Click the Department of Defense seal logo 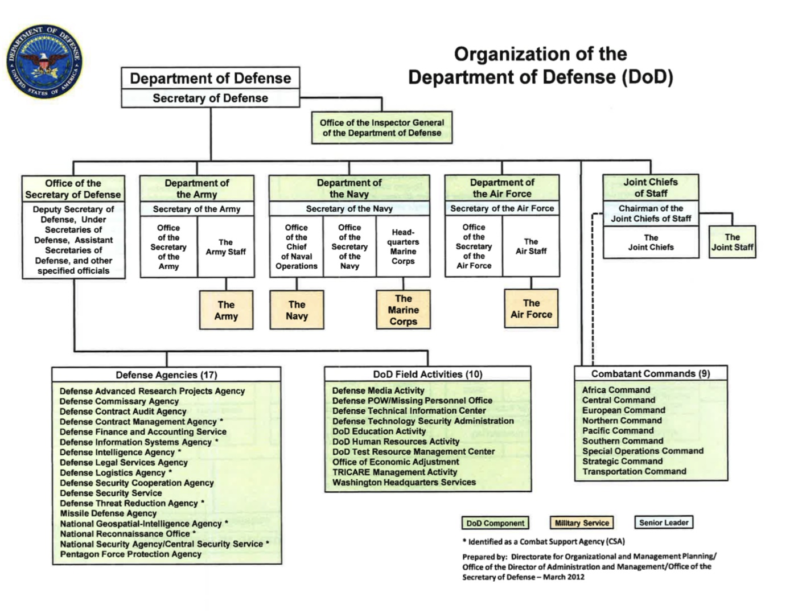(44, 61)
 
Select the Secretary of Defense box (210, 98)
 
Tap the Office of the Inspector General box (382, 127)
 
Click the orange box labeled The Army (226, 310)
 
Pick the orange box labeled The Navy (297, 310)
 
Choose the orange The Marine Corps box (403, 310)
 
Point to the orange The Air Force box (531, 308)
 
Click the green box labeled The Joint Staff (732, 242)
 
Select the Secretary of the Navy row (349, 209)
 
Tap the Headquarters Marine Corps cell (403, 246)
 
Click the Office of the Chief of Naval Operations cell (296, 246)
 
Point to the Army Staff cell (226, 246)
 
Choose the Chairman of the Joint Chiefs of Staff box (651, 213)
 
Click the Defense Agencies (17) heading (166, 375)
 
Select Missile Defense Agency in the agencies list (108, 513)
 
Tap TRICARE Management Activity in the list (394, 472)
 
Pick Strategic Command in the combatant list (622, 461)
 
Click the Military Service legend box (582, 523)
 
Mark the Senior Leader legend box (664, 523)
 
